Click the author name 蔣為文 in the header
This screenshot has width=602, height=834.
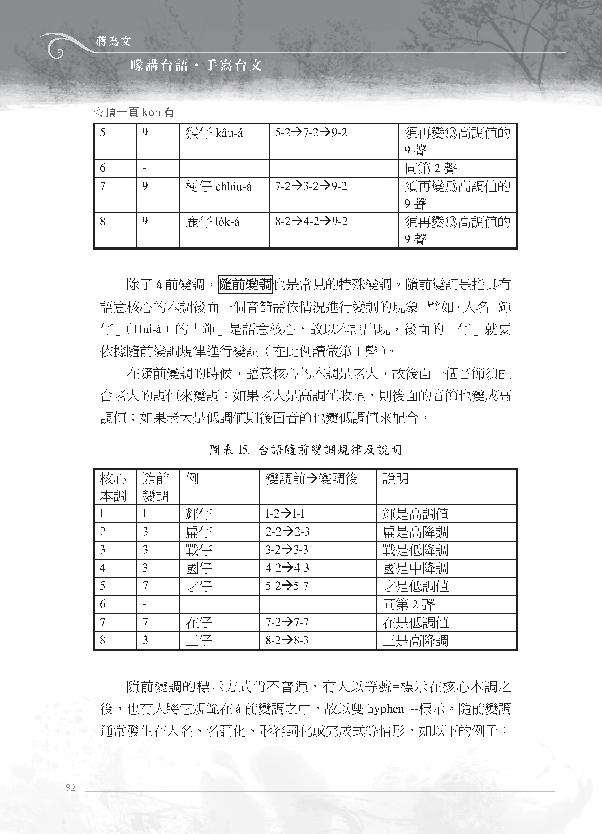tap(113, 42)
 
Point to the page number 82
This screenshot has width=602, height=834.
tap(70, 787)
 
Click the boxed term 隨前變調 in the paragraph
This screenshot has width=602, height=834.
tap(245, 285)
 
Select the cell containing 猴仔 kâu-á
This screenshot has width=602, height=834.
tap(214, 134)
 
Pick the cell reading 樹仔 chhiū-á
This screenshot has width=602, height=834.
tap(218, 187)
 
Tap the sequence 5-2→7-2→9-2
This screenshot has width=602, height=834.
tap(311, 133)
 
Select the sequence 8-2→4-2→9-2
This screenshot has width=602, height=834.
tap(311, 222)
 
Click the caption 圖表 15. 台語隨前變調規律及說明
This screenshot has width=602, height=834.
tap(305, 450)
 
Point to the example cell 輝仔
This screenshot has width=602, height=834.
tap(199, 514)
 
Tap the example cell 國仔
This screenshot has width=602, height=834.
tap(199, 568)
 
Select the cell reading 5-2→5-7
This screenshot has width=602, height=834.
tap(287, 586)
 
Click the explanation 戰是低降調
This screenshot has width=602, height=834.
tap(415, 550)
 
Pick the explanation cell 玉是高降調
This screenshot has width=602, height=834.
tap(415, 640)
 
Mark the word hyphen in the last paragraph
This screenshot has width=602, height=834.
tap(386, 709)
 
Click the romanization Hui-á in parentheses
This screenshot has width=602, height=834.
tap(148, 329)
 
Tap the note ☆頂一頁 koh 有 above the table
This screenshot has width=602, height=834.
tap(134, 113)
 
